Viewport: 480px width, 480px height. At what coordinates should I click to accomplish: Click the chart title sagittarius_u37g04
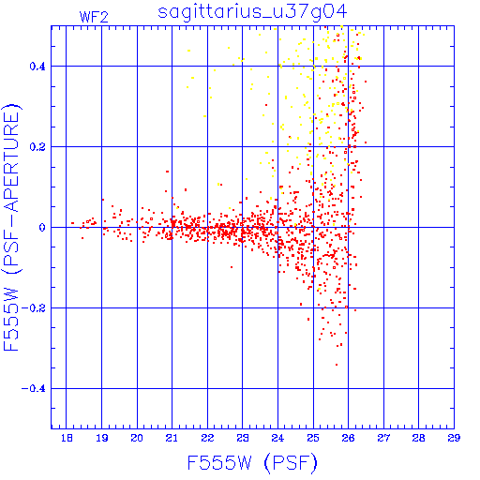[252, 12]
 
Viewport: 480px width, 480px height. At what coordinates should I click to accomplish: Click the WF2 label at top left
[94, 17]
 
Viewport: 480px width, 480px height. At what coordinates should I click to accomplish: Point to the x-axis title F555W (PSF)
[252, 462]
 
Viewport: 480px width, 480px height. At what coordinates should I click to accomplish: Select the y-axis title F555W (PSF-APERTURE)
[11, 228]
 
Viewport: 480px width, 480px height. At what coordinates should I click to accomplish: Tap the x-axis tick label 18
[67, 438]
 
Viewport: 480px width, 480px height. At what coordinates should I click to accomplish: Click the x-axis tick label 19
[102, 438]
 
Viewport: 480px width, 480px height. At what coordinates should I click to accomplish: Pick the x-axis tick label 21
[172, 438]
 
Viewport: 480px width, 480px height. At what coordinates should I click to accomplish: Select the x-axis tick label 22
[207, 438]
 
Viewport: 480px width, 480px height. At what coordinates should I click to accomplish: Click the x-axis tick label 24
[277, 438]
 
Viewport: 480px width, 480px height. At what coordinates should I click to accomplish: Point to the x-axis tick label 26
[348, 438]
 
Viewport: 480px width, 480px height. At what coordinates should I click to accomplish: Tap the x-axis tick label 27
[383, 438]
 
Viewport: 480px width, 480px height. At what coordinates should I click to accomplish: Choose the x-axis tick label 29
[454, 438]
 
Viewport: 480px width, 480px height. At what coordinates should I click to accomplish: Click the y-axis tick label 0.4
[37, 67]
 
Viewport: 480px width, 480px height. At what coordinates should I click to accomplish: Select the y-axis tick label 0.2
[37, 147]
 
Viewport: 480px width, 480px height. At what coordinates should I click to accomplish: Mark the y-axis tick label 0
[42, 228]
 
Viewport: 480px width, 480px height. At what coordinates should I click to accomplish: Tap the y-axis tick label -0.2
[34, 308]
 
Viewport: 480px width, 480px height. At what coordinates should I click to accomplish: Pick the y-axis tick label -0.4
[34, 389]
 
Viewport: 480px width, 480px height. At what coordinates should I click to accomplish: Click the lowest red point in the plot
[337, 365]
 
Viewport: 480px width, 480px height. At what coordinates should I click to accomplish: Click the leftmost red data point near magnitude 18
[72, 223]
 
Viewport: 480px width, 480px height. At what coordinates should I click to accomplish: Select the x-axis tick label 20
[137, 438]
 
